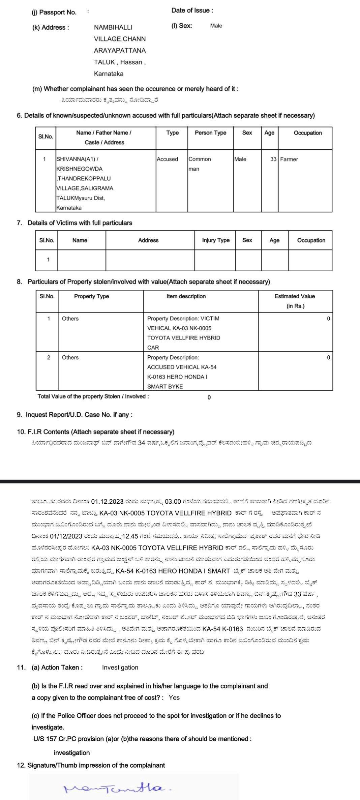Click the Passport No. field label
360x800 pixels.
click(54, 12)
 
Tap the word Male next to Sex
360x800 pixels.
click(216, 26)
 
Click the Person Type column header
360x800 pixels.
click(210, 133)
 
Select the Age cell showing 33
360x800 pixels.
click(273, 159)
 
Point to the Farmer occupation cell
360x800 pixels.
click(289, 159)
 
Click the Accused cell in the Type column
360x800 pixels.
click(167, 159)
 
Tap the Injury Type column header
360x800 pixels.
click(216, 240)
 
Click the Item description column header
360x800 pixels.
click(186, 296)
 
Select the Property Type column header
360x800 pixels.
click(91, 296)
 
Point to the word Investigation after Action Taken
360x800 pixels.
click(120, 668)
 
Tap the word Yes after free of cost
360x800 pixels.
click(174, 698)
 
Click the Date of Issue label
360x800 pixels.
click(192, 10)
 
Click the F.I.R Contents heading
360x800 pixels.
click(95, 432)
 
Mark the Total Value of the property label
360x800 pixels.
click(93, 396)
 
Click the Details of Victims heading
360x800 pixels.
click(80, 223)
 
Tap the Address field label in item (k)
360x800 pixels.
click(51, 28)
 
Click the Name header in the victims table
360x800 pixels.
click(80, 240)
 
